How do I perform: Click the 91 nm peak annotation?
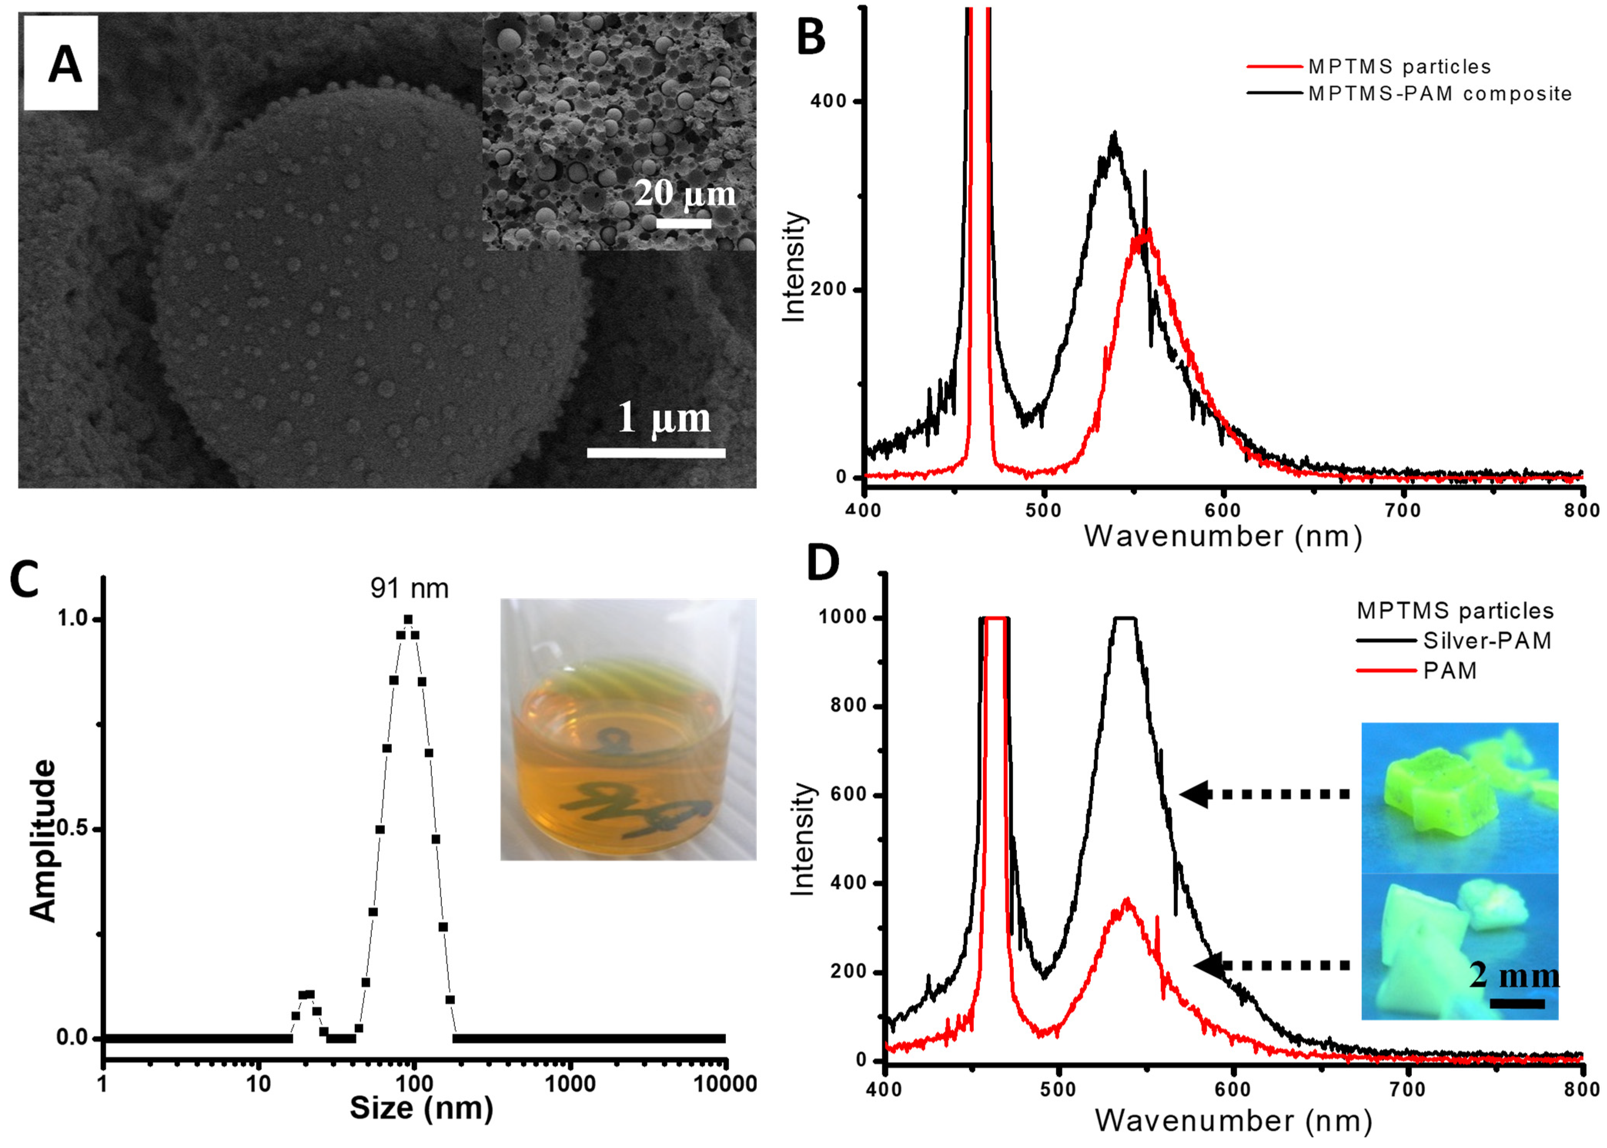click(409, 588)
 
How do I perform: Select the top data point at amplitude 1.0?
click(408, 619)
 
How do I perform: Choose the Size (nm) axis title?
click(421, 1108)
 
